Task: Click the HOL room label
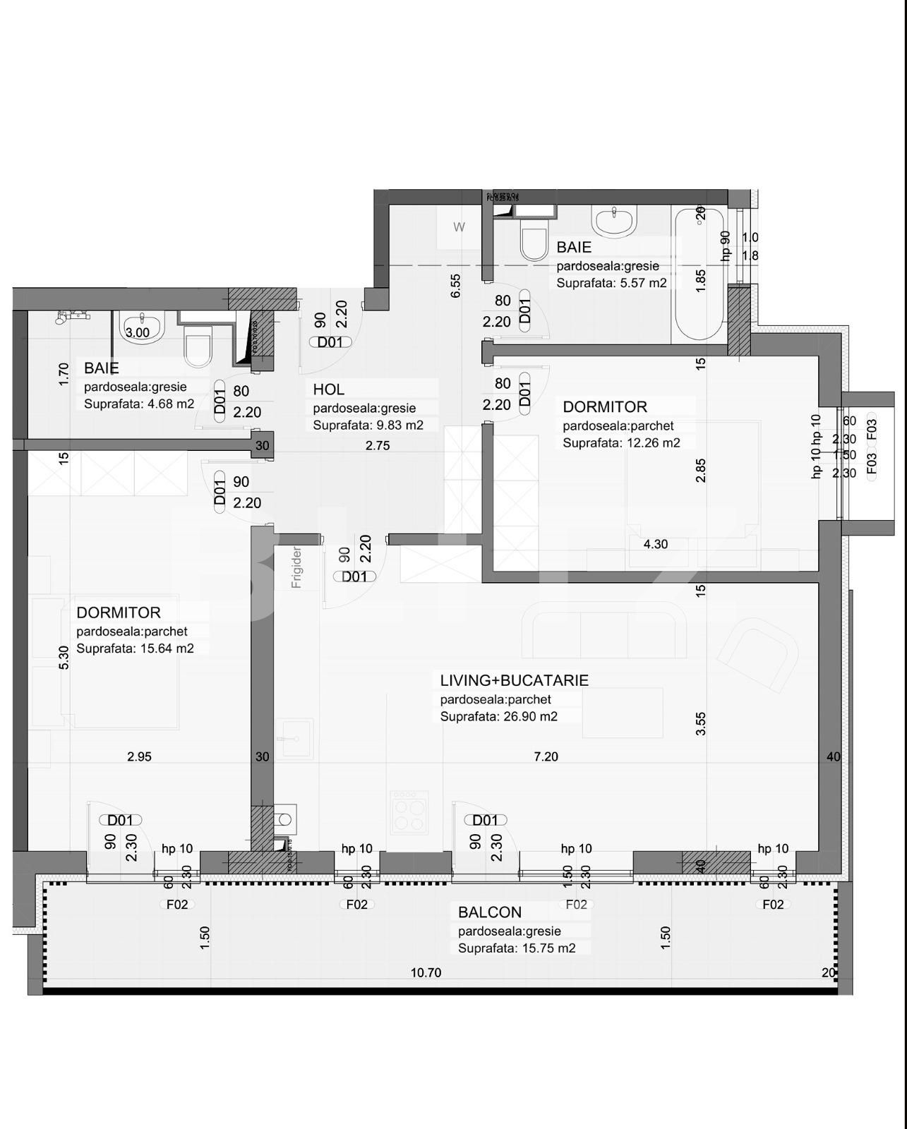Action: [x=329, y=390]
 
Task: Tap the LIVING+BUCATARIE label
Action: [x=514, y=680]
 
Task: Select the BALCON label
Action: [x=490, y=912]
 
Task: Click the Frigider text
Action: [x=297, y=567]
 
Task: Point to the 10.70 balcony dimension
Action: [x=426, y=972]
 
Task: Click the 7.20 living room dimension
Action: [x=546, y=756]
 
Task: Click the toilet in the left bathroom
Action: [x=197, y=346]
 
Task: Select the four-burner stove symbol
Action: [x=409, y=813]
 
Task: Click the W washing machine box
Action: [x=459, y=227]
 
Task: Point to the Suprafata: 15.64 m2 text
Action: [x=135, y=648]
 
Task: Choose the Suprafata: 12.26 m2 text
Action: [x=621, y=443]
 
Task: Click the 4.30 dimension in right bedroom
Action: [x=655, y=544]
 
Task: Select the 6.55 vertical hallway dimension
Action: [x=456, y=285]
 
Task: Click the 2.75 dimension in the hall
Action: [x=378, y=445]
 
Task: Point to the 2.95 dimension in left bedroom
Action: [x=139, y=756]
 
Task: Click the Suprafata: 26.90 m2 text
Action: [x=498, y=716]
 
